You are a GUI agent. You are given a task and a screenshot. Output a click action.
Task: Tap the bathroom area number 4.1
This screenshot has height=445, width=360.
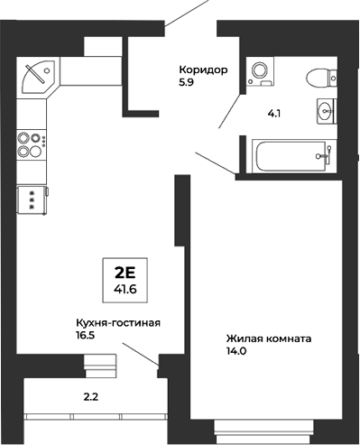pyautogui.click(x=274, y=114)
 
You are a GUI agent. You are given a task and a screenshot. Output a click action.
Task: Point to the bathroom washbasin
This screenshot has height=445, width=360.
pyautogui.click(x=325, y=111)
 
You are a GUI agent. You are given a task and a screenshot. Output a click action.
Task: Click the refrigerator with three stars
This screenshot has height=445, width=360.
pyautogui.click(x=32, y=200)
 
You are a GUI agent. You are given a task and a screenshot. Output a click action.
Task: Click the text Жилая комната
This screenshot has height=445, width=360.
pyautogui.click(x=269, y=340)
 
